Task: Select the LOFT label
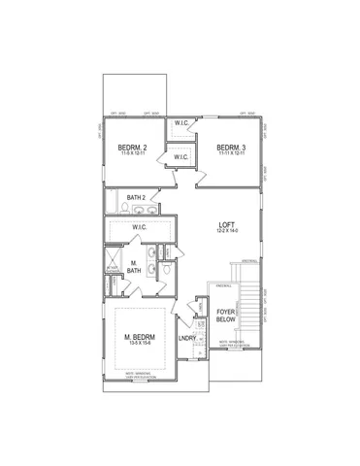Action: tap(228, 224)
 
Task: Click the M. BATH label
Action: tap(135, 268)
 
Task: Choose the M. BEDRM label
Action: tap(143, 337)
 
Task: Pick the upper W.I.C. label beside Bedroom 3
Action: tap(181, 123)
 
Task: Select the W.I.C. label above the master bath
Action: tap(139, 227)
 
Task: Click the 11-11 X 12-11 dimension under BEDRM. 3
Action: tap(229, 154)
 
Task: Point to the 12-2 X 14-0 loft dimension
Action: tap(228, 232)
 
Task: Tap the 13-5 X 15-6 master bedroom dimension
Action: tap(143, 345)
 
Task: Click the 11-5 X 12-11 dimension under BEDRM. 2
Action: tap(133, 154)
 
